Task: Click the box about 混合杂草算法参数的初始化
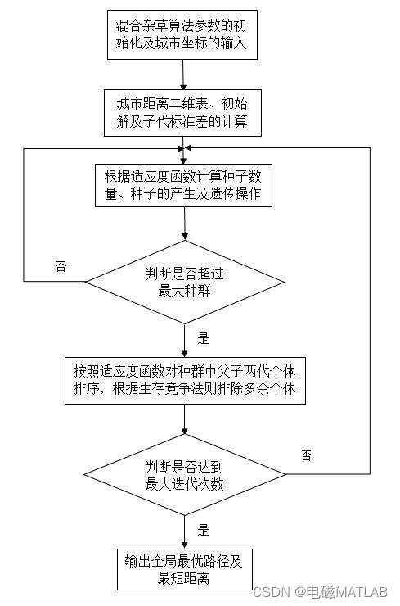point(182,34)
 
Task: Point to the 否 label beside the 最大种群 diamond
point(61,267)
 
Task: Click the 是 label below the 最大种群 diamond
point(204,337)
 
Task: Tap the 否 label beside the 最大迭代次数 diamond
point(306,456)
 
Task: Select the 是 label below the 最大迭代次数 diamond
point(204,529)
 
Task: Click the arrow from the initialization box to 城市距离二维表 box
point(184,74)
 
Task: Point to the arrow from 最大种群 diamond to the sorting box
point(185,337)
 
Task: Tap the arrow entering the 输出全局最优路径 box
point(185,531)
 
